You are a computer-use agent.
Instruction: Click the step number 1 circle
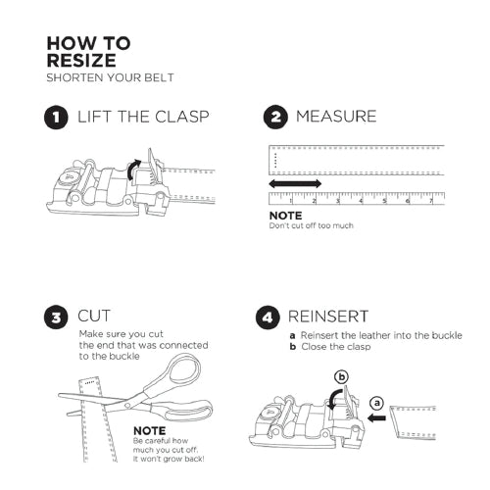pos(56,118)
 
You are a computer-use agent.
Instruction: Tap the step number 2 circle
pos(275,117)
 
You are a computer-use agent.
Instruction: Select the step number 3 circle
pos(56,318)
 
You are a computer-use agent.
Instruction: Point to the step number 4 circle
pos(268,318)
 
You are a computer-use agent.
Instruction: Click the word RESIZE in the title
pos(81,61)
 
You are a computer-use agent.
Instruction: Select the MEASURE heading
pos(336,117)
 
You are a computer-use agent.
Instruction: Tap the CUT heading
pos(94,316)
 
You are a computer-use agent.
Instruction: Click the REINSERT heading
pos(328,317)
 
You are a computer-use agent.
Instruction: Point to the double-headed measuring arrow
pos(295,183)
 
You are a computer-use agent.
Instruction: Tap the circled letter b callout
pos(342,377)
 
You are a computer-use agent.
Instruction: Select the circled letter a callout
pos(377,403)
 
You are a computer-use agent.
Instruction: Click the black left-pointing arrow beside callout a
pos(376,417)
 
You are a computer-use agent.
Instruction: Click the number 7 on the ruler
pos(431,201)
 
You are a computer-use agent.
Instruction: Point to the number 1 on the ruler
pos(291,201)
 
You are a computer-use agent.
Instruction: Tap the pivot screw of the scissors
pos(127,406)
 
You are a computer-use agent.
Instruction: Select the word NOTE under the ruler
pos(285,216)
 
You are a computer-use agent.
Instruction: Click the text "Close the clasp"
pos(336,347)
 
